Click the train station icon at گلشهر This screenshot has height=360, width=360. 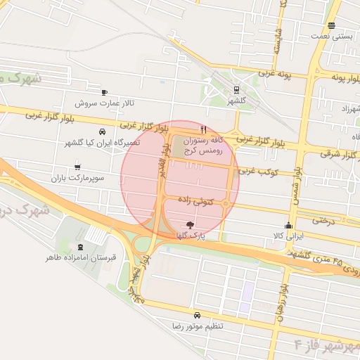pos(236,89)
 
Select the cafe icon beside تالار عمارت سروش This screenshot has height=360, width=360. pos(105,92)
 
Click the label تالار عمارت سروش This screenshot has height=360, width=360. pos(104,103)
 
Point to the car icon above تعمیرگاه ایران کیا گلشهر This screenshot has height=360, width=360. pos(103,131)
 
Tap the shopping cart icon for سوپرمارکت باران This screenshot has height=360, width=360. pos(77,167)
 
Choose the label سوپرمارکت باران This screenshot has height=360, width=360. pos(77,179)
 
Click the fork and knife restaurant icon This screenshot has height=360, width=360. pos(203,129)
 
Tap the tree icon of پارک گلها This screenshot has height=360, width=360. pos(190,225)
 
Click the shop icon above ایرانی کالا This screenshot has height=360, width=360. pos(288,226)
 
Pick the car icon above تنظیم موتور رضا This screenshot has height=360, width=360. pos(197,315)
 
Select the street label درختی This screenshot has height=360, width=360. pos(321,220)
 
